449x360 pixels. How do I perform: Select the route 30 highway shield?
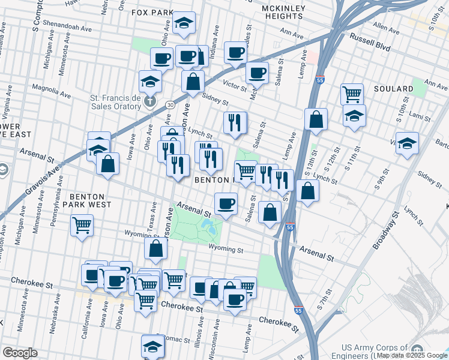(170, 104)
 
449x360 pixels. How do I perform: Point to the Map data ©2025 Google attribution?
(411, 356)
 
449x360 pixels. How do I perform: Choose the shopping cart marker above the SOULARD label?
(352, 93)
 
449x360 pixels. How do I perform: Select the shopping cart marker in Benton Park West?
(82, 226)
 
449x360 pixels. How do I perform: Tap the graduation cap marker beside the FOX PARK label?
(184, 23)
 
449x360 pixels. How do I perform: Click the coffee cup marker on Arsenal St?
(226, 203)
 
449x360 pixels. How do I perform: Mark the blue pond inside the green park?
(209, 227)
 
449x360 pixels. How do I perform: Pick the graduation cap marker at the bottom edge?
(152, 346)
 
